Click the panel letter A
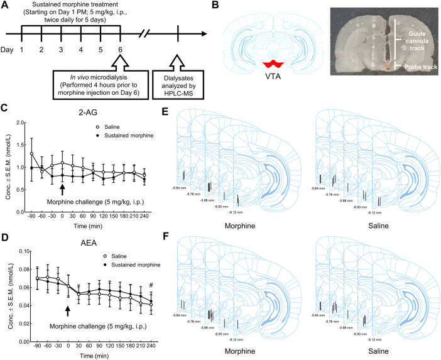pos(6,6)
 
